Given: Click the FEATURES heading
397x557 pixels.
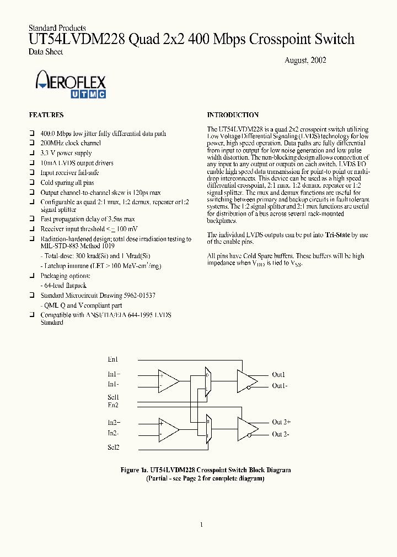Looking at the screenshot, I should click(46, 115).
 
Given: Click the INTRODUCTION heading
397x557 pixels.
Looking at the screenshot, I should click(233, 115).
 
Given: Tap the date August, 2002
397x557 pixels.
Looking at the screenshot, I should click(305, 60).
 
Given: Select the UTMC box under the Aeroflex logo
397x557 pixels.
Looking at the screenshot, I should click(86, 94).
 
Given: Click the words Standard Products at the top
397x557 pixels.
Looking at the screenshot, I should click(57, 28).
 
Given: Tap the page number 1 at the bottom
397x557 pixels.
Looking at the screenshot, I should click(201, 525).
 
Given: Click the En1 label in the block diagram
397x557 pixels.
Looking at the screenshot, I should click(113, 359).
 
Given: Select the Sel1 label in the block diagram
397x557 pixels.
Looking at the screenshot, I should click(113, 397).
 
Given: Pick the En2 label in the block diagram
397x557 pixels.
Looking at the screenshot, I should click(113, 405).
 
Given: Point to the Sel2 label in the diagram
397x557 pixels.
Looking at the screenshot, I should click(113, 447).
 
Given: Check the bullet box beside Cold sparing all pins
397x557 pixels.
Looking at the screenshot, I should click(33, 183).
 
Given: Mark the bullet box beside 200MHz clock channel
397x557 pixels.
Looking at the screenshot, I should click(33, 144).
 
